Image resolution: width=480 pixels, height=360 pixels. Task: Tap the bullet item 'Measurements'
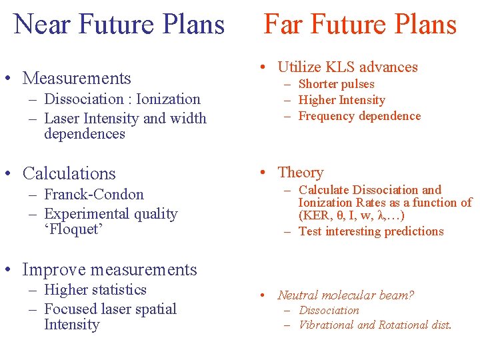point(77,78)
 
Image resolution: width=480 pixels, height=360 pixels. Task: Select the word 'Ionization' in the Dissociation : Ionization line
point(168,99)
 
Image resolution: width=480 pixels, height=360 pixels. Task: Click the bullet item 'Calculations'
point(69,173)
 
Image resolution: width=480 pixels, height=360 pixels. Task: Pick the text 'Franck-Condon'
point(94,195)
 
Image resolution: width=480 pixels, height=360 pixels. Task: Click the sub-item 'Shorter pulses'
point(336,84)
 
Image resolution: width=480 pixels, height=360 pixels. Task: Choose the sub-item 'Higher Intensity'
point(341,100)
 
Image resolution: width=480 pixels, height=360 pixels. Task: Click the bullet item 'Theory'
point(300,173)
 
